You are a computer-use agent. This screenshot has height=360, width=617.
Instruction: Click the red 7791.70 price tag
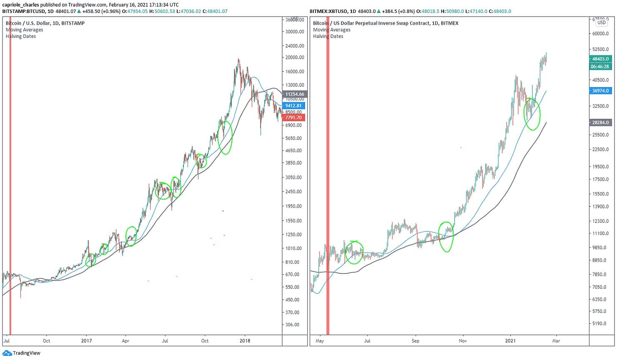(293, 117)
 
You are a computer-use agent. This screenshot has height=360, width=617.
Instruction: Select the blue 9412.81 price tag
(293, 106)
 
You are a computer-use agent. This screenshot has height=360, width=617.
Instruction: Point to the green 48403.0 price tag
(600, 59)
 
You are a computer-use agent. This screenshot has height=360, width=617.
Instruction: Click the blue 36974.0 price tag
(600, 90)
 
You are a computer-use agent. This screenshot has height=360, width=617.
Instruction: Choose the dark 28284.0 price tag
(600, 122)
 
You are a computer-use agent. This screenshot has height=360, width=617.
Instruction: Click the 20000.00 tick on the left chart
(294, 57)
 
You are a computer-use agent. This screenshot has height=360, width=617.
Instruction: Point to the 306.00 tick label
(292, 325)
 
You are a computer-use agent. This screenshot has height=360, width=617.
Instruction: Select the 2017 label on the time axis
(86, 341)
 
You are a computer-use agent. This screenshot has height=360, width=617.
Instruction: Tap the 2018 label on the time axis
(245, 341)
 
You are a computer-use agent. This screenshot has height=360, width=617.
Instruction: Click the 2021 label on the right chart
(510, 341)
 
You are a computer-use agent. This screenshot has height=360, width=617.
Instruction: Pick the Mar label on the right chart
(556, 341)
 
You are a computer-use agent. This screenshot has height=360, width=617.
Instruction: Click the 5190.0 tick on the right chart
(599, 323)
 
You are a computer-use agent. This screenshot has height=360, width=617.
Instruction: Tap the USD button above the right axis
(602, 22)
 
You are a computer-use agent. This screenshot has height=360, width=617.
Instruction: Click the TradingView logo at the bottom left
(22, 353)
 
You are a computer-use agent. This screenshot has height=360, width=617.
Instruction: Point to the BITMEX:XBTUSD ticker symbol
(329, 11)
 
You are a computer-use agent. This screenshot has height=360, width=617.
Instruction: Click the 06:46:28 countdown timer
(600, 67)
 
